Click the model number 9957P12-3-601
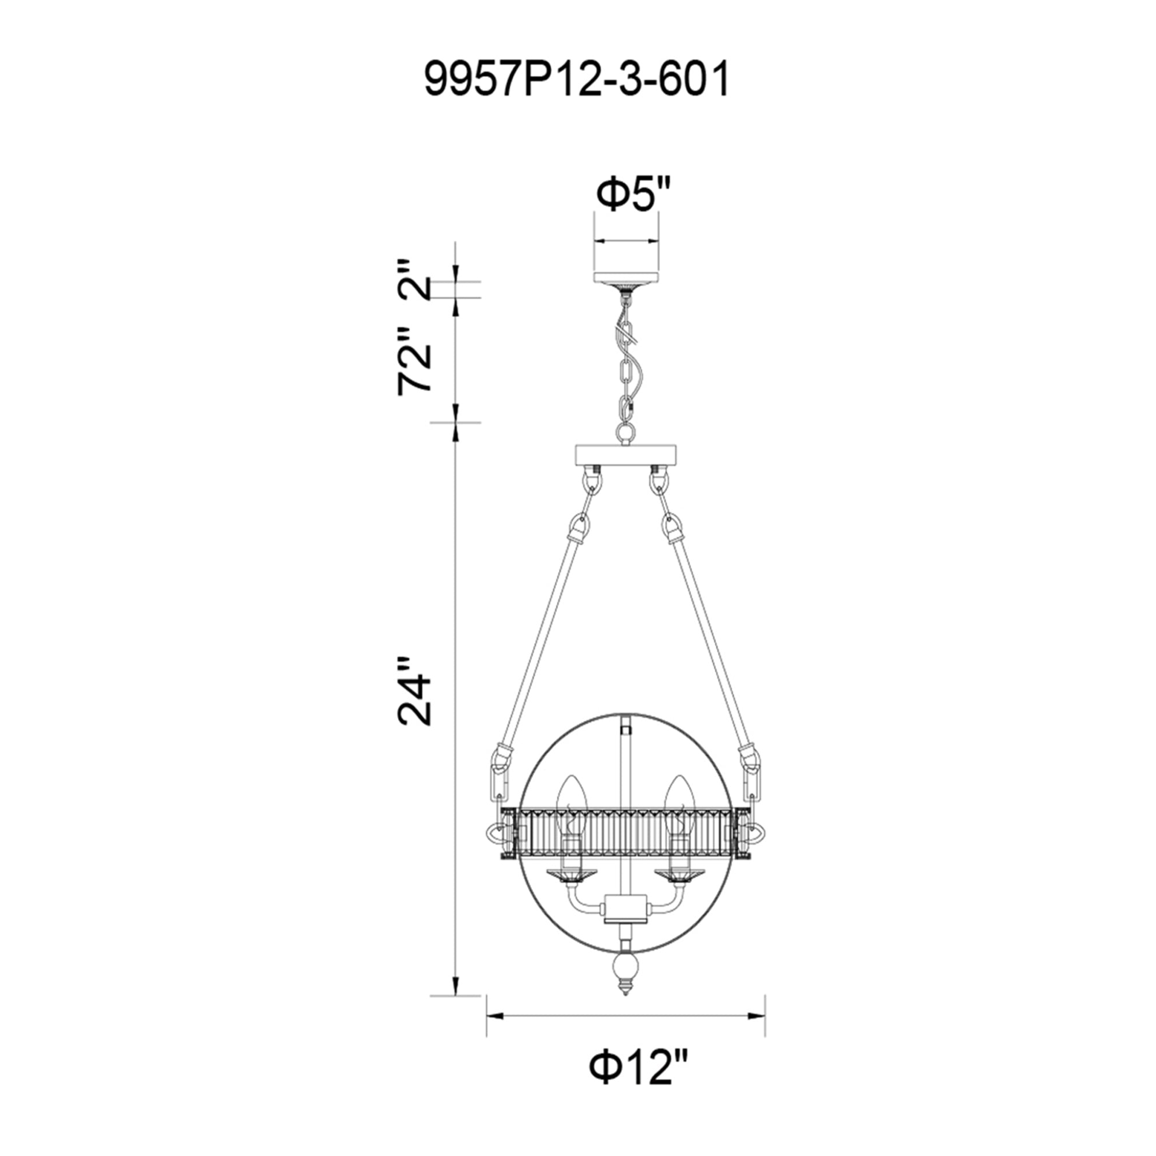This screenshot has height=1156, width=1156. [x=577, y=81]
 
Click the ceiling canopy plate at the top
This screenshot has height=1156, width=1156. [x=626, y=279]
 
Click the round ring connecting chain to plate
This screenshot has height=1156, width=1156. [x=626, y=431]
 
